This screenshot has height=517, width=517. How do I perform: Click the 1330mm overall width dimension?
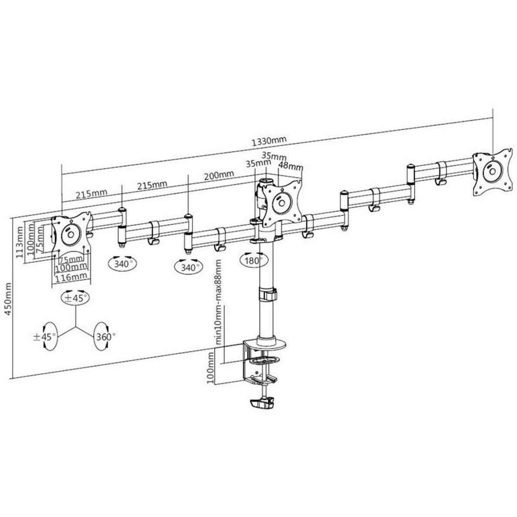click(269, 141)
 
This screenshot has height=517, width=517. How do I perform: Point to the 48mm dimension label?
click(290, 165)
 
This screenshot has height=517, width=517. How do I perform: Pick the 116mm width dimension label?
click(71, 277)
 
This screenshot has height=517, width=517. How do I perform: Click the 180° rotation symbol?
click(253, 260)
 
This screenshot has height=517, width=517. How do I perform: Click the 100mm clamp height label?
click(210, 367)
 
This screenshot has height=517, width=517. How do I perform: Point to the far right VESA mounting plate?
click(493, 173)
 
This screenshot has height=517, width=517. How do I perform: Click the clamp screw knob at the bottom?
click(263, 403)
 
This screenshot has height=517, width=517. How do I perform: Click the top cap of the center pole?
click(267, 181)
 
